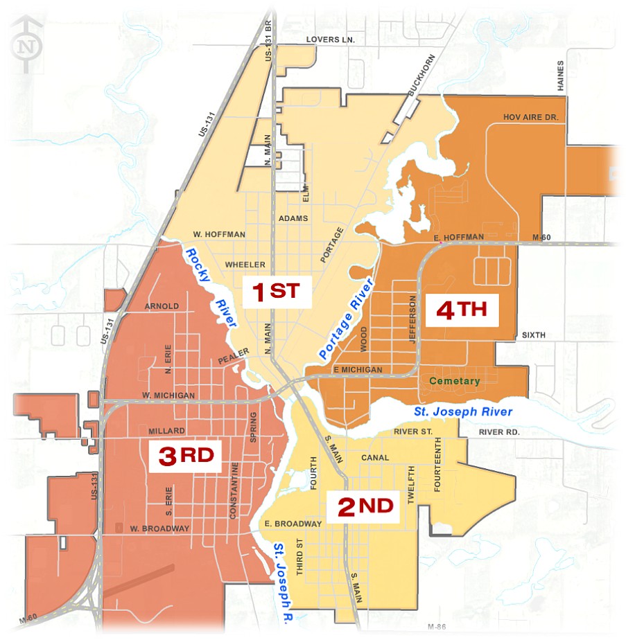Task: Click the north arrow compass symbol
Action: click(x=26, y=46)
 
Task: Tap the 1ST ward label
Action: click(x=277, y=292)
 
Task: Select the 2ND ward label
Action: click(x=365, y=507)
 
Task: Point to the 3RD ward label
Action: click(x=185, y=455)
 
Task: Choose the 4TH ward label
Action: click(x=462, y=310)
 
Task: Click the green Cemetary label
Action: click(x=454, y=381)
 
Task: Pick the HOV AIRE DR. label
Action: click(x=530, y=118)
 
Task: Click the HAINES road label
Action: click(x=560, y=75)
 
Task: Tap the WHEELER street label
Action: click(x=245, y=265)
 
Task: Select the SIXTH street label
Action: click(x=534, y=335)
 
